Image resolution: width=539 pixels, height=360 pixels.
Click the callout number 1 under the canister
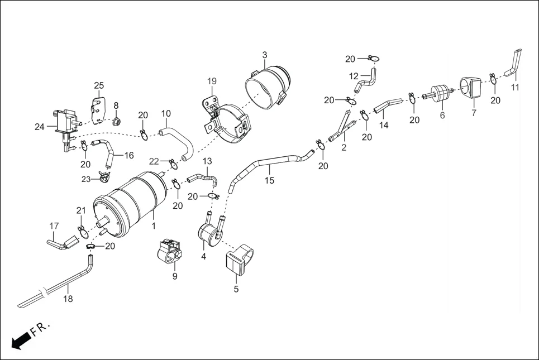tap(153, 226)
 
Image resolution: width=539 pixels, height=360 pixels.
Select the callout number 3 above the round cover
tap(265, 55)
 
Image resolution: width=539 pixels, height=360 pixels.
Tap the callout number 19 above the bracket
tap(212, 81)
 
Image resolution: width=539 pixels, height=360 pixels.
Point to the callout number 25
tap(99, 85)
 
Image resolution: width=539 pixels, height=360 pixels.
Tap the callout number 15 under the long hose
tap(269, 181)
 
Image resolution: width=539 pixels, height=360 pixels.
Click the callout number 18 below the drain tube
tap(68, 299)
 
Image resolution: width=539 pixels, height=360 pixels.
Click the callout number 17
tap(54, 226)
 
